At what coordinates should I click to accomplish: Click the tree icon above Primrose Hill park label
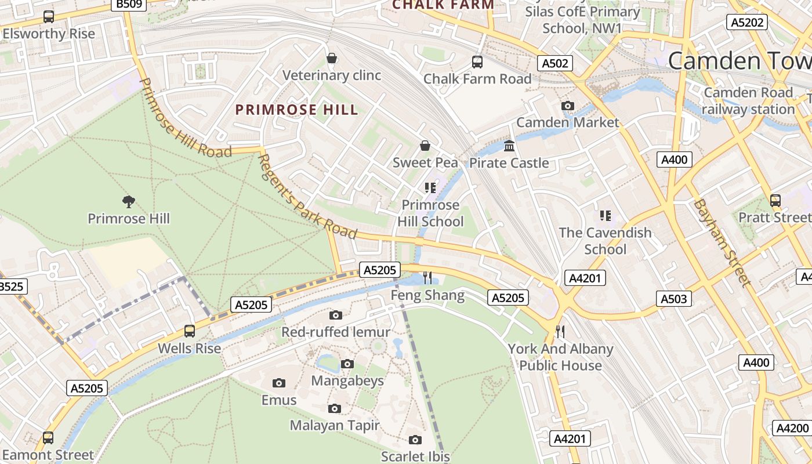[129, 201]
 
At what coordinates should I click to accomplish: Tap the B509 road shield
[128, 5]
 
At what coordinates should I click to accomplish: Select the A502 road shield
[555, 63]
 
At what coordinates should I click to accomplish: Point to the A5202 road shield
[748, 22]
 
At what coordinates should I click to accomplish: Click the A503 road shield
[674, 299]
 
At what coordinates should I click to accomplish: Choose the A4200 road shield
[791, 428]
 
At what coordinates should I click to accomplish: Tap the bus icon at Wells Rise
[190, 331]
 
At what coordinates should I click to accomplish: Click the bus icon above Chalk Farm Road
[477, 61]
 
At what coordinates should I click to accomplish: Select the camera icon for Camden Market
[568, 106]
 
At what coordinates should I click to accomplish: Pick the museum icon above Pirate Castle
[509, 146]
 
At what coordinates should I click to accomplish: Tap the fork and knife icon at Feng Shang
[428, 277]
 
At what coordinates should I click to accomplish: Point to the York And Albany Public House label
[560, 357]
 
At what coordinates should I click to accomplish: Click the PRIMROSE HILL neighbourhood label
[296, 110]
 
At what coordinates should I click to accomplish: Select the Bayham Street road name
[722, 242]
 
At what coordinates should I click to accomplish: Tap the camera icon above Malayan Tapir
[334, 408]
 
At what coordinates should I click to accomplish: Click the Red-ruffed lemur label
[336, 332]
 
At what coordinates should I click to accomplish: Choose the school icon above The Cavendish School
[606, 216]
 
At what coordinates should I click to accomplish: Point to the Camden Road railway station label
[748, 101]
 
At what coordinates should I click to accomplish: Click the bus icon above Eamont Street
[48, 437]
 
